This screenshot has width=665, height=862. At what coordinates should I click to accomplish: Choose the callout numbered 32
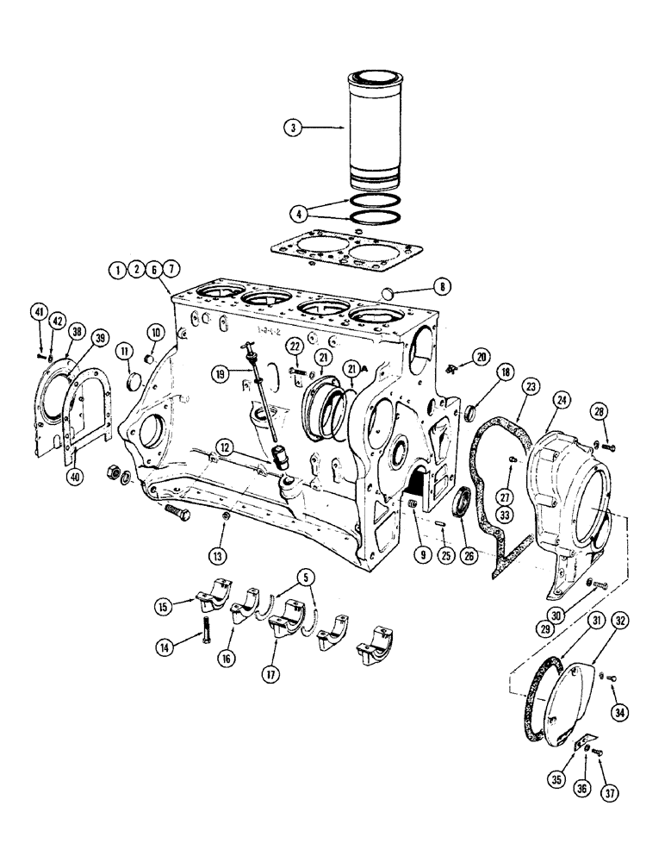click(620, 621)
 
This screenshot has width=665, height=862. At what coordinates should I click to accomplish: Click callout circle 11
click(125, 351)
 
